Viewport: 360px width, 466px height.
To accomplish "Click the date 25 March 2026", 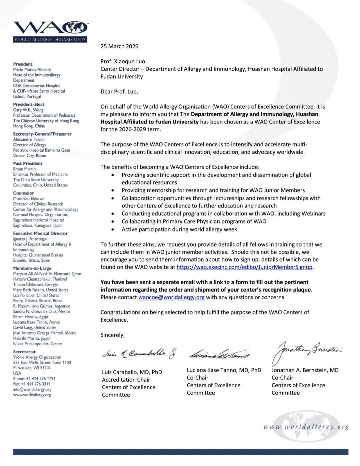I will pyautogui.click(x=119, y=46).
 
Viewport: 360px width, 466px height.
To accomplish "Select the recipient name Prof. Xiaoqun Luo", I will pyautogui.click(x=123, y=61).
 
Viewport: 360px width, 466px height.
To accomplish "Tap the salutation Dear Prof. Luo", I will pyautogui.click(x=119, y=91).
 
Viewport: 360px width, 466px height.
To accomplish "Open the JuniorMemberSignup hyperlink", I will pyautogui.click(x=244, y=267).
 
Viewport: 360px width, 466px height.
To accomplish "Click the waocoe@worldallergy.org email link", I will pyautogui.click(x=171, y=297).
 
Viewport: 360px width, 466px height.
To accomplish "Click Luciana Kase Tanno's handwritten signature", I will pyautogui.click(x=220, y=355).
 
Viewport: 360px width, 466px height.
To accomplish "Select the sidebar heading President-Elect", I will pyautogui.click(x=29, y=104).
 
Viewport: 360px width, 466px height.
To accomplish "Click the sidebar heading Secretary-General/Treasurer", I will pyautogui.click(x=42, y=134).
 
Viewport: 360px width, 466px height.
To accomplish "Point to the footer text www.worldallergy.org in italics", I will pyautogui.click(x=306, y=427).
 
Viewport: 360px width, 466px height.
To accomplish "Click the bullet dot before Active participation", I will pyautogui.click(x=114, y=229).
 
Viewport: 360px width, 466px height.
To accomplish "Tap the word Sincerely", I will pyautogui.click(x=112, y=335).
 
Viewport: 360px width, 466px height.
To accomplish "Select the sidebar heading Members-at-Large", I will pyautogui.click(x=32, y=268).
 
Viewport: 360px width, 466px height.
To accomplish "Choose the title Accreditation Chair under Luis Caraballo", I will pyautogui.click(x=126, y=380).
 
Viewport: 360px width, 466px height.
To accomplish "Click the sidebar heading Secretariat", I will pyautogui.click(x=24, y=352).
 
